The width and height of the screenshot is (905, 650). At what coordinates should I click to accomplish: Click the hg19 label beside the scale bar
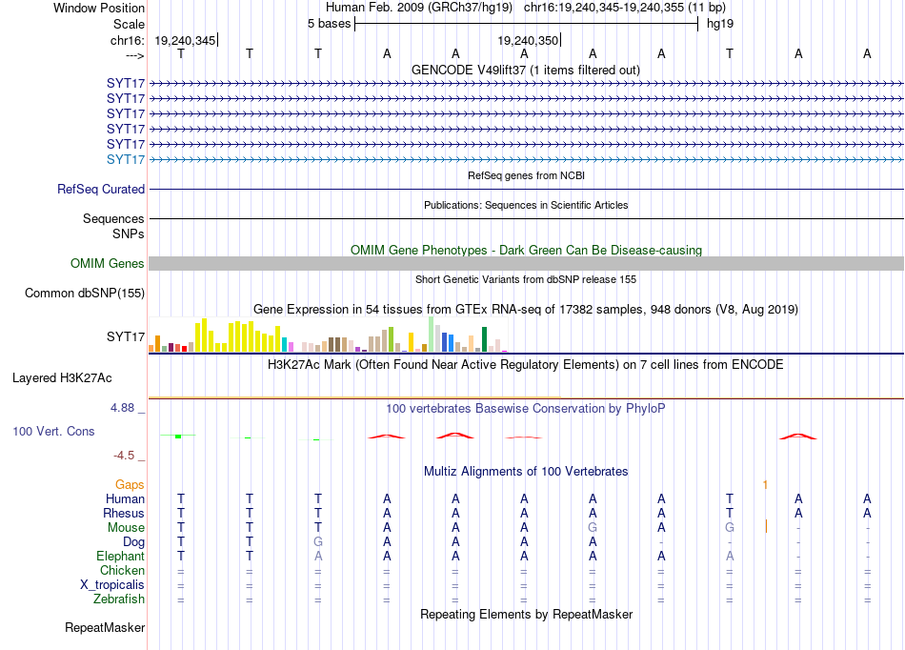click(x=720, y=24)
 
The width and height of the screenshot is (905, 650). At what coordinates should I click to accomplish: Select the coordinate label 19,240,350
click(x=528, y=40)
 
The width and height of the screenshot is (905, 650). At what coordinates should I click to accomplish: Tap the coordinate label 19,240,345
click(x=185, y=40)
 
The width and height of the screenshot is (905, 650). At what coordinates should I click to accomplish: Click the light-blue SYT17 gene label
click(x=126, y=159)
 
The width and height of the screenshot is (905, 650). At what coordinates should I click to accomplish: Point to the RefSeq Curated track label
click(x=101, y=190)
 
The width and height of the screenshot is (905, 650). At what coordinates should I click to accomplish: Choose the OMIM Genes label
click(x=108, y=264)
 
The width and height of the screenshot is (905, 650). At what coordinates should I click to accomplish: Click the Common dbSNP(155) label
click(x=85, y=294)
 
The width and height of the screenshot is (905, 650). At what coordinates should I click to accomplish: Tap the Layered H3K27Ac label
click(x=62, y=378)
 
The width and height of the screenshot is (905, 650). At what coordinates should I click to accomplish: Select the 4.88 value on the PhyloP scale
click(x=122, y=408)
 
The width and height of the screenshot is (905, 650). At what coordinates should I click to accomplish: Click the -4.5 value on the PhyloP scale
click(x=124, y=456)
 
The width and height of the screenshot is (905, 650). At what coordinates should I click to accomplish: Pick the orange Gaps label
click(x=130, y=485)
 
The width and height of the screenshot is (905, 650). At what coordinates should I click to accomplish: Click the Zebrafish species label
click(x=119, y=599)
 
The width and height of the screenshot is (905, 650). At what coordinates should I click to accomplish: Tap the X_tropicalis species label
click(x=112, y=585)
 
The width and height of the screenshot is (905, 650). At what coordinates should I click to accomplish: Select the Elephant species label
click(x=121, y=557)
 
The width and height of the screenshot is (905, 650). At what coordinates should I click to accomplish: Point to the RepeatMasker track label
click(x=105, y=627)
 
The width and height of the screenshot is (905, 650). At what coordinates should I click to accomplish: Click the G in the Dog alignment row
click(x=318, y=542)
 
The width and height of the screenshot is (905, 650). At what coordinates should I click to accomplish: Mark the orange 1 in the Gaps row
click(x=765, y=485)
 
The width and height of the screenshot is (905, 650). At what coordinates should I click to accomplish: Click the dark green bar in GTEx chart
click(x=485, y=339)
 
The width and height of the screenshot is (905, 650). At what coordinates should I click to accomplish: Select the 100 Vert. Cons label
click(x=53, y=431)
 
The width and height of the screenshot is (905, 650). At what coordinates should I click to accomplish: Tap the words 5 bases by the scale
click(x=329, y=24)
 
